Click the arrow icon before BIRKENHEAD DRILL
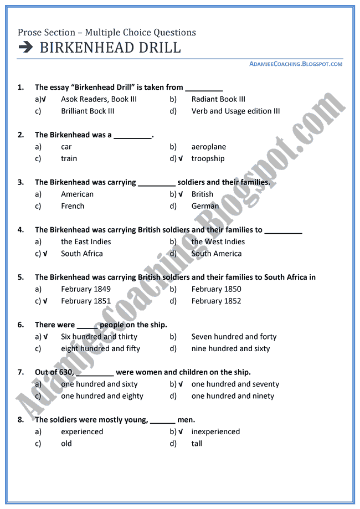(x=25, y=48)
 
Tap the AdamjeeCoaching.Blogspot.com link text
(x=296, y=64)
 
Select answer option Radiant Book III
(x=218, y=99)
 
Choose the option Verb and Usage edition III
(x=235, y=111)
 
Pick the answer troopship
(x=208, y=158)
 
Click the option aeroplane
(x=209, y=147)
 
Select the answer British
(x=202, y=194)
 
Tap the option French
(x=73, y=206)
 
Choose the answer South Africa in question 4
(x=82, y=254)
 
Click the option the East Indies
(x=86, y=241)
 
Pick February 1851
(x=86, y=301)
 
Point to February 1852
(x=216, y=301)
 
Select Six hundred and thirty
(x=99, y=336)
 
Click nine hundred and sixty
(x=230, y=348)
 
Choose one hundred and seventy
(x=235, y=384)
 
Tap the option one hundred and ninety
(x=233, y=396)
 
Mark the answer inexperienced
(x=215, y=431)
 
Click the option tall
(x=197, y=443)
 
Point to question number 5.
(x=20, y=277)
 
